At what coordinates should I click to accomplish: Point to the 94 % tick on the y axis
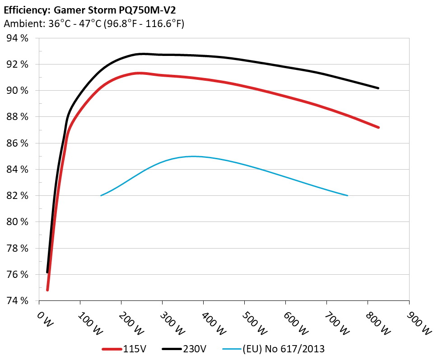18,38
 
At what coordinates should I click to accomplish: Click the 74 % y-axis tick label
18,301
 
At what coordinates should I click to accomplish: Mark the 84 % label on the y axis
18,170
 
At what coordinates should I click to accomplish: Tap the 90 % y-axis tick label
18,91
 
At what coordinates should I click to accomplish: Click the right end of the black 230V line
378,88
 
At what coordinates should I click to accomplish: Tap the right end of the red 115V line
378,127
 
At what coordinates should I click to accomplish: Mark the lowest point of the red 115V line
47,290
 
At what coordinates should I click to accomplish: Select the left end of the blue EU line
101,195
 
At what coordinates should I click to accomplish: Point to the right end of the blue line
347,195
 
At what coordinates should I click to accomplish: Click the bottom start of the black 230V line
47,272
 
